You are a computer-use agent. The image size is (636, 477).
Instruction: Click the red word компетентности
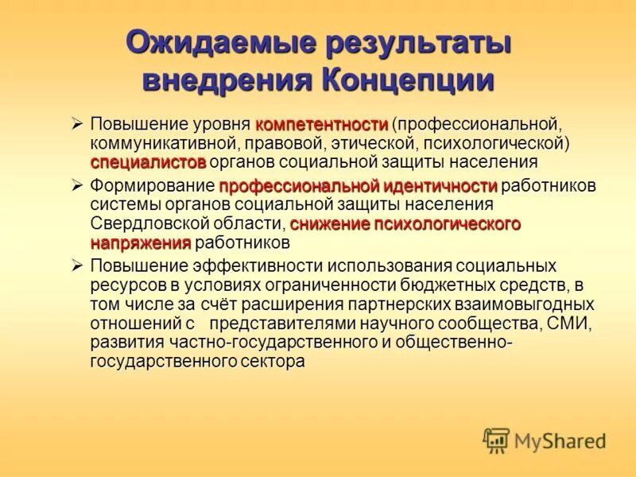pyautogui.click(x=321, y=126)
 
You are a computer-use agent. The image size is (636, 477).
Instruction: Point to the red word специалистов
pyautogui.click(x=148, y=162)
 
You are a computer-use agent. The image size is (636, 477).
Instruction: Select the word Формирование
pyautogui.click(x=152, y=187)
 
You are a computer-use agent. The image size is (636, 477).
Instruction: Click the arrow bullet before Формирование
pyautogui.click(x=77, y=186)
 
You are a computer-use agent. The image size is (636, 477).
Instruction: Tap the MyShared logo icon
pyautogui.click(x=497, y=440)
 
